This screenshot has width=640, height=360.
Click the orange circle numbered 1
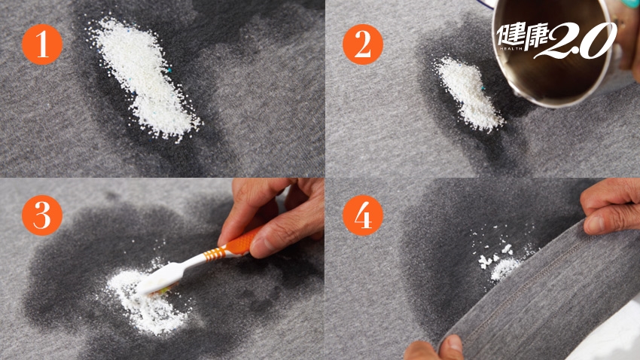(42, 44)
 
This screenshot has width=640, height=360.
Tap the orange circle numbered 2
(363, 44)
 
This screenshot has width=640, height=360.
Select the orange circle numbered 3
(42, 215)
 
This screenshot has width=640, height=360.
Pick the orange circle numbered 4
(363, 215)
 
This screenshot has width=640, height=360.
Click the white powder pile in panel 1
(143, 78)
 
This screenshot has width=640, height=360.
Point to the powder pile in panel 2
(468, 93)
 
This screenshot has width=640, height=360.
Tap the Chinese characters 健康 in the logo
(522, 35)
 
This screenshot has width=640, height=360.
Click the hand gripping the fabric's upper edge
(610, 206)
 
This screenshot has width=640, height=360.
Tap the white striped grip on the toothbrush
(213, 254)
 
